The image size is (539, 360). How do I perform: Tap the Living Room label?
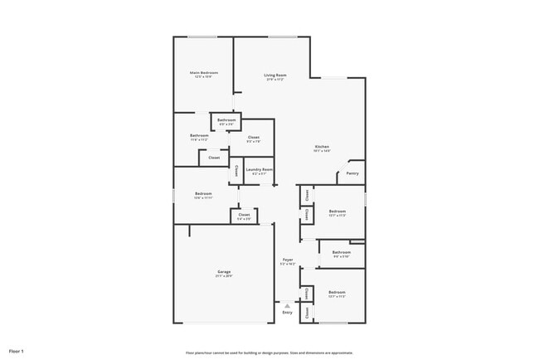coord(274,75)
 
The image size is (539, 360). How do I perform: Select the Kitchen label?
coord(322,147)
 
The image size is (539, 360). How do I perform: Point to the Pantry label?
coord(352,173)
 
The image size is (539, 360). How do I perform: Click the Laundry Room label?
coord(259,169)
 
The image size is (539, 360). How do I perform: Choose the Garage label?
coord(224,271)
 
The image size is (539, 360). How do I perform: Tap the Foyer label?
coord(288,260)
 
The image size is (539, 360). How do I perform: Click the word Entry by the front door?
coord(287,313)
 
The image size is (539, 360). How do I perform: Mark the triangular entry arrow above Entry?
coord(287,304)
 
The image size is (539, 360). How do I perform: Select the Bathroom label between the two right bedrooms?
coord(341,252)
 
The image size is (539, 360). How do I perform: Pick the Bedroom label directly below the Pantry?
coord(336,212)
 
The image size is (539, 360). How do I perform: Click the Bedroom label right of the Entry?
coord(336,293)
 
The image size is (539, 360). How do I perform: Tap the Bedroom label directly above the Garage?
coord(203,194)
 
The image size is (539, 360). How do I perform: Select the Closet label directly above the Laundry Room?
coord(254,137)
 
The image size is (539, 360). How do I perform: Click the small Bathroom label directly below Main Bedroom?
coord(226,120)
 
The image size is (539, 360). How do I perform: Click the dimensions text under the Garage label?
coord(224,276)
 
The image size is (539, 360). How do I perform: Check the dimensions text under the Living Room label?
coord(274,80)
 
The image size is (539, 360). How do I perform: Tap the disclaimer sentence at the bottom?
coord(269,352)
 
